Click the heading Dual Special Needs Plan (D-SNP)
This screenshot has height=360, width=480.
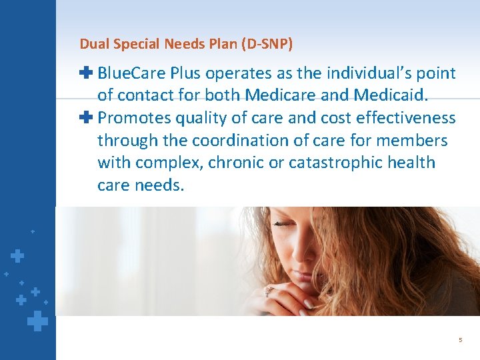(186, 44)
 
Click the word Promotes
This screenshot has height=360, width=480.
(134, 118)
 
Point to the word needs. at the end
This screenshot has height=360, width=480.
(160, 185)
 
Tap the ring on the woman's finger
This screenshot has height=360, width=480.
(269, 291)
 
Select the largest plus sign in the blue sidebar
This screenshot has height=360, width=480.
(38, 322)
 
